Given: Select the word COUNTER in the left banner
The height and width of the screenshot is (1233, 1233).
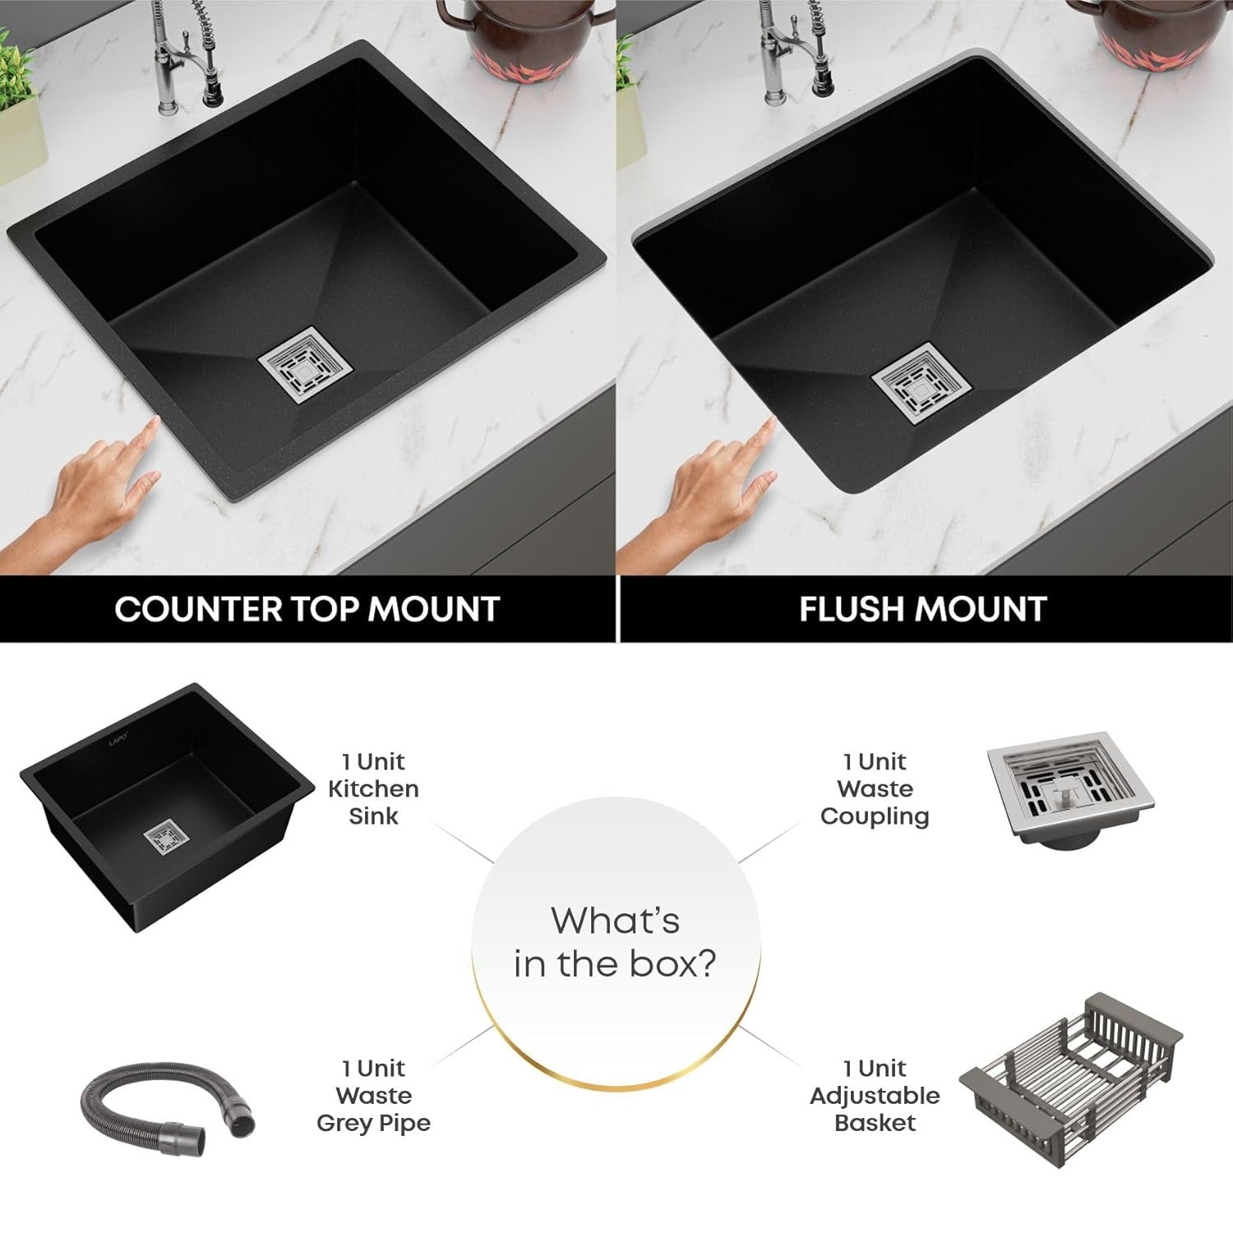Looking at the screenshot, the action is tap(193, 609).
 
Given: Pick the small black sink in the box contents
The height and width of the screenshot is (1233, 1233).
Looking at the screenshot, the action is tap(167, 808).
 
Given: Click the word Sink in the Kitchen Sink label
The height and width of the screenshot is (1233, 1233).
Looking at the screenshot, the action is tap(373, 816).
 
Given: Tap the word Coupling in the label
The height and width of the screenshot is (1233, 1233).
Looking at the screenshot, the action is tap(875, 817).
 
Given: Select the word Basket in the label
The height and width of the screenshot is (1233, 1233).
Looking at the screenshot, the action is tap(875, 1123).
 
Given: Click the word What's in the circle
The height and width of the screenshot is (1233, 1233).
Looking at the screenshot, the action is tap(616, 921).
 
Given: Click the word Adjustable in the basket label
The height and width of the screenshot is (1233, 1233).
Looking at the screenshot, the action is tap(875, 1096).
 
